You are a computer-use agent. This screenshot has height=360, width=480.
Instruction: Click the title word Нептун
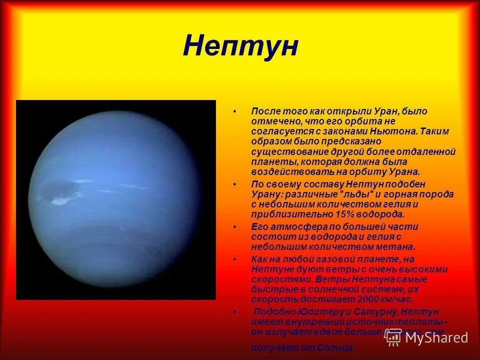240,46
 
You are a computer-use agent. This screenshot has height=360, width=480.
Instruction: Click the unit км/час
399,299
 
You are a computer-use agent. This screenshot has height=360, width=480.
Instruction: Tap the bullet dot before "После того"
234,111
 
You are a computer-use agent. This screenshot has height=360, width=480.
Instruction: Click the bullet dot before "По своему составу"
234,184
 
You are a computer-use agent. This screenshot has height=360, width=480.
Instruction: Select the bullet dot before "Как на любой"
234,259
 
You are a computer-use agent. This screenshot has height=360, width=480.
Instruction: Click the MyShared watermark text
436,337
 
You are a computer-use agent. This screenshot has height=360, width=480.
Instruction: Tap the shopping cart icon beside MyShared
393,337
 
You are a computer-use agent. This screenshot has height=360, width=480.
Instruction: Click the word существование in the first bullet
284,151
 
